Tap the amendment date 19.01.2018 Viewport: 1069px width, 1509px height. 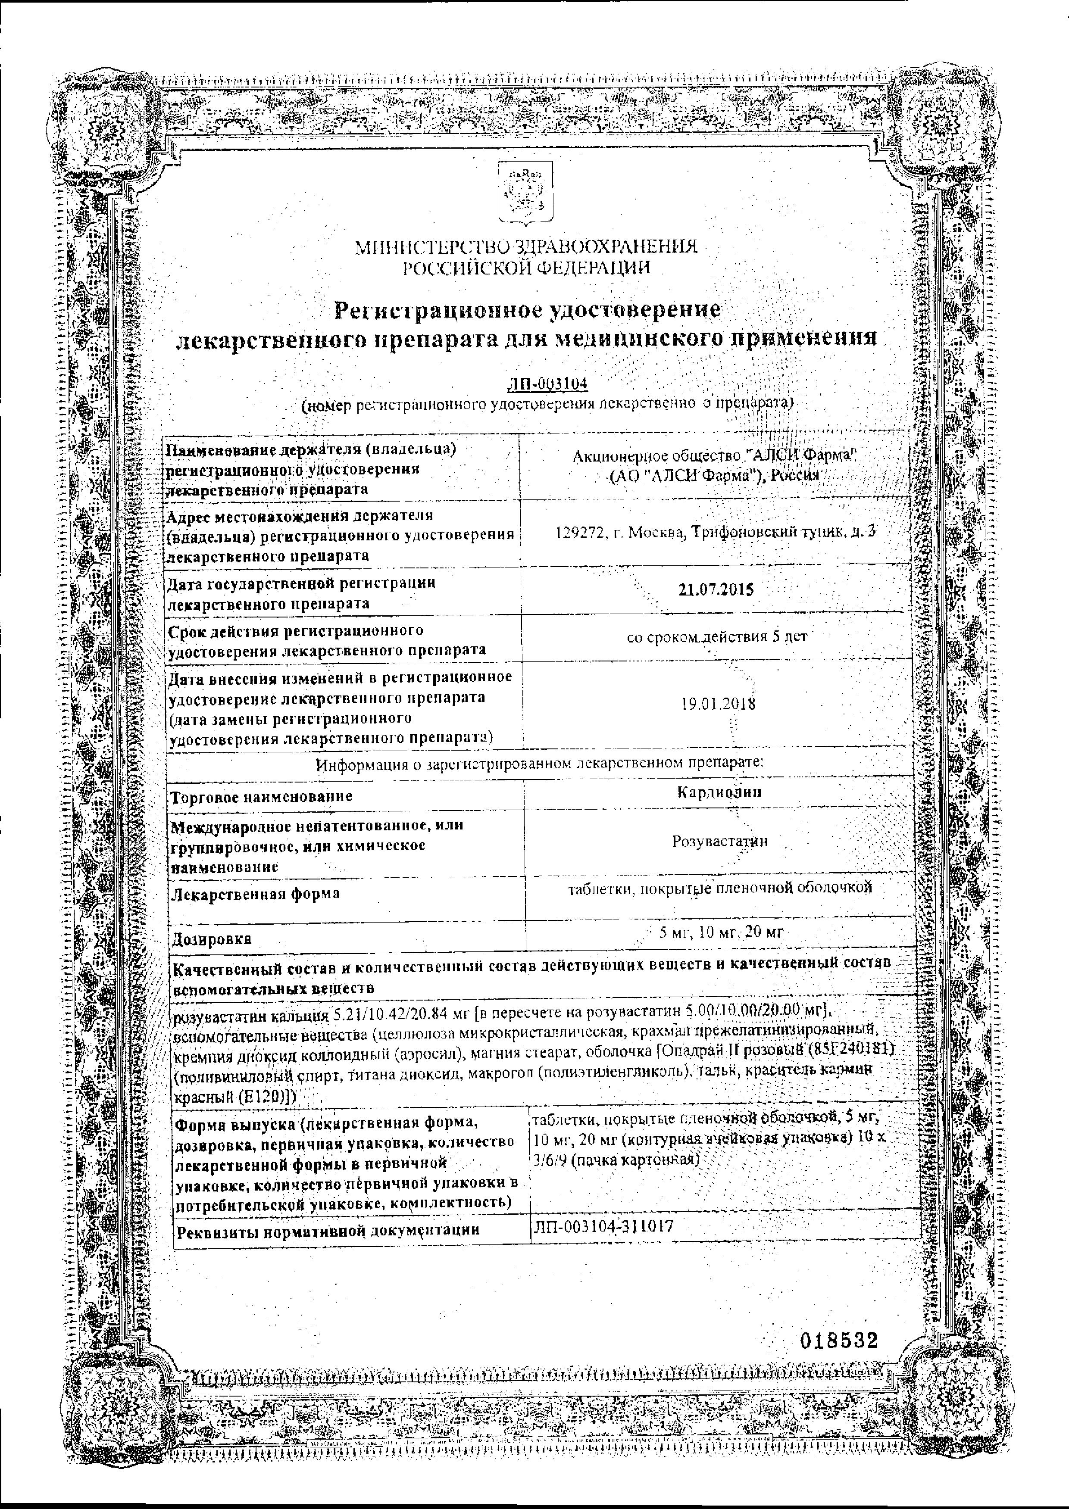click(x=719, y=704)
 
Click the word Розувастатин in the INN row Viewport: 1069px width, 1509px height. click(x=720, y=841)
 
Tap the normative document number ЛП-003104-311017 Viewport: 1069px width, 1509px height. click(x=603, y=1226)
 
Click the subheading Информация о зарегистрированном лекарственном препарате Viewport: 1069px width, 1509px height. click(x=540, y=765)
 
